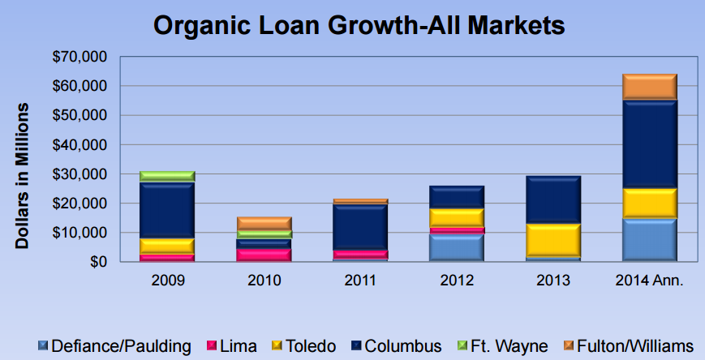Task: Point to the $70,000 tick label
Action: point(80,57)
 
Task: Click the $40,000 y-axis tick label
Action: point(80,145)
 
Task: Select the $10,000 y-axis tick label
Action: point(80,233)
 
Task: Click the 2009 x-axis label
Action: point(167,281)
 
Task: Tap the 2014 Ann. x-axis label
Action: point(649,281)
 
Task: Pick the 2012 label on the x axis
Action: point(457,281)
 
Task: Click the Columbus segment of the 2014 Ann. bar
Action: point(649,145)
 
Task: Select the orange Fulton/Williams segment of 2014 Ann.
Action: point(649,87)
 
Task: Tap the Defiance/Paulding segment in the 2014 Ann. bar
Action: point(649,239)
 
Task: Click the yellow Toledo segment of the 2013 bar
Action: point(553,240)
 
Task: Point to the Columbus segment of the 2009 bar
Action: point(167,211)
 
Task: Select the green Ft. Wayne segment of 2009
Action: point(167,177)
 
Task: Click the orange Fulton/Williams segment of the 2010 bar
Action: point(264,223)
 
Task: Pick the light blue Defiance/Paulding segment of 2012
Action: point(457,247)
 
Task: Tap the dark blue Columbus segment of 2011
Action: point(360,227)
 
